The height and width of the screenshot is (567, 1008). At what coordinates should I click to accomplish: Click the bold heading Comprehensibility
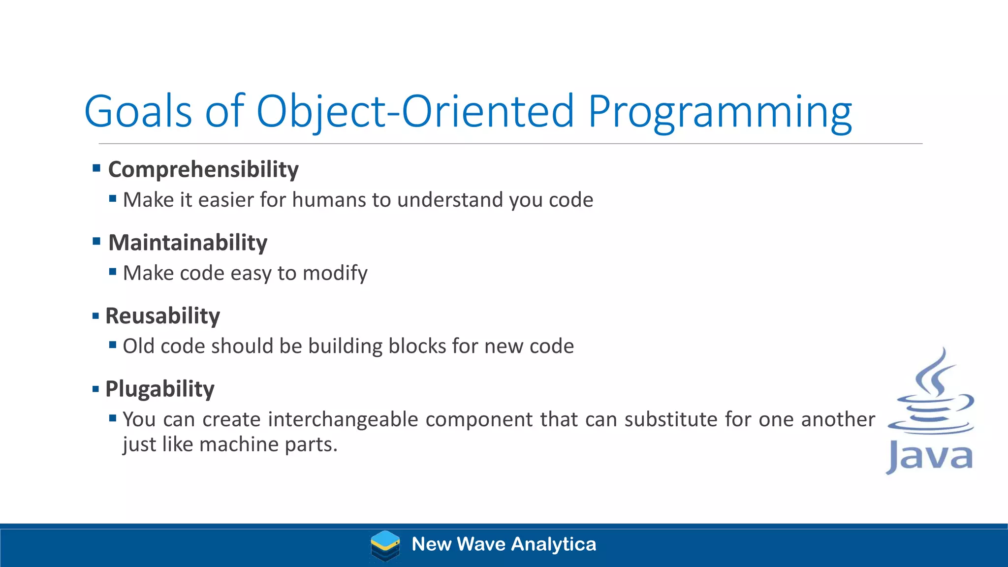(x=203, y=169)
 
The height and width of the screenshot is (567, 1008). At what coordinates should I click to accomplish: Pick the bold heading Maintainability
(x=188, y=243)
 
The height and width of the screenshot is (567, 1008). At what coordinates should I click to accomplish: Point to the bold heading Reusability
(x=162, y=316)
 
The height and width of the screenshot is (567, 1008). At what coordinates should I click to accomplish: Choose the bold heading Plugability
(x=159, y=389)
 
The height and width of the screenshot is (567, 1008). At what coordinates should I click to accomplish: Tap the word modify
(x=335, y=273)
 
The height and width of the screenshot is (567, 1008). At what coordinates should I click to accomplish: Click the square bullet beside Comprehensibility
(x=96, y=168)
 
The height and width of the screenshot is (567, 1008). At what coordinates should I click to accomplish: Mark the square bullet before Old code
(x=113, y=345)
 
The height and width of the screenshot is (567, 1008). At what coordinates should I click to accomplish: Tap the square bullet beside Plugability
(x=95, y=389)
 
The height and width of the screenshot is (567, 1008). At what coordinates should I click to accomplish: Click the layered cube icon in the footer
(x=385, y=545)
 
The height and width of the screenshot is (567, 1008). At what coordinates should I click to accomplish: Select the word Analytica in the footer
(x=554, y=544)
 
